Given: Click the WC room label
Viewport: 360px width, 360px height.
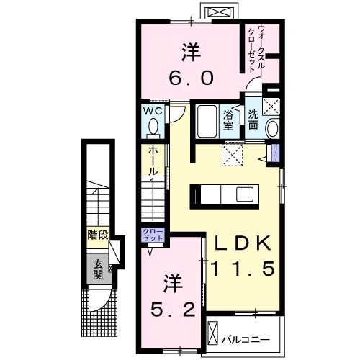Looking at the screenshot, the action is click(153, 111).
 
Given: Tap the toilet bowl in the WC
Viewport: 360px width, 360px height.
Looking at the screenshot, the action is click(153, 126).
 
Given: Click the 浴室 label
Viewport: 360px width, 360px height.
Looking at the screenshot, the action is click(228, 121).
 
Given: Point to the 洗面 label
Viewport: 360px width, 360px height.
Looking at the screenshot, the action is click(253, 120).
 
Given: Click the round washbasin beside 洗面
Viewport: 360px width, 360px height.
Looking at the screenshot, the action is click(273, 128).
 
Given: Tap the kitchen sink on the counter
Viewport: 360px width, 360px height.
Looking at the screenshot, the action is click(245, 194).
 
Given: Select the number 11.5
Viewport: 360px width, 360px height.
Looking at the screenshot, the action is click(243, 269).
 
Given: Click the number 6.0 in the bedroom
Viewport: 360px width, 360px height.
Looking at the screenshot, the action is click(191, 78).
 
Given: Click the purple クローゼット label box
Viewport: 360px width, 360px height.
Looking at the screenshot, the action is click(153, 235).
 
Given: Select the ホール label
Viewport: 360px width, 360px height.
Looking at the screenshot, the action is click(153, 161).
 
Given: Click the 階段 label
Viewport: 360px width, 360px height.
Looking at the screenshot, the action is click(98, 235).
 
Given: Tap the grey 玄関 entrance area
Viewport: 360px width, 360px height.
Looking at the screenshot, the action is click(99, 269).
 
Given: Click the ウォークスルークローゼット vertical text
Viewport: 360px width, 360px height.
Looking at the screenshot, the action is click(256, 49).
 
